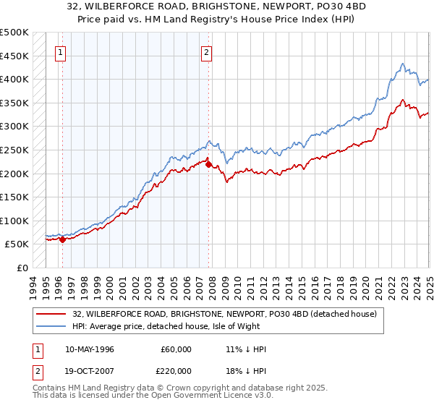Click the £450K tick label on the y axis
[14, 56]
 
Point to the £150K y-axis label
[14, 197]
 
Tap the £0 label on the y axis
[21, 268]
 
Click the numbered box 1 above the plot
[60, 52]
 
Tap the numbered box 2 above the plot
[207, 52]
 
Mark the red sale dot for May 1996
[63, 239]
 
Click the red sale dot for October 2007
[208, 164]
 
